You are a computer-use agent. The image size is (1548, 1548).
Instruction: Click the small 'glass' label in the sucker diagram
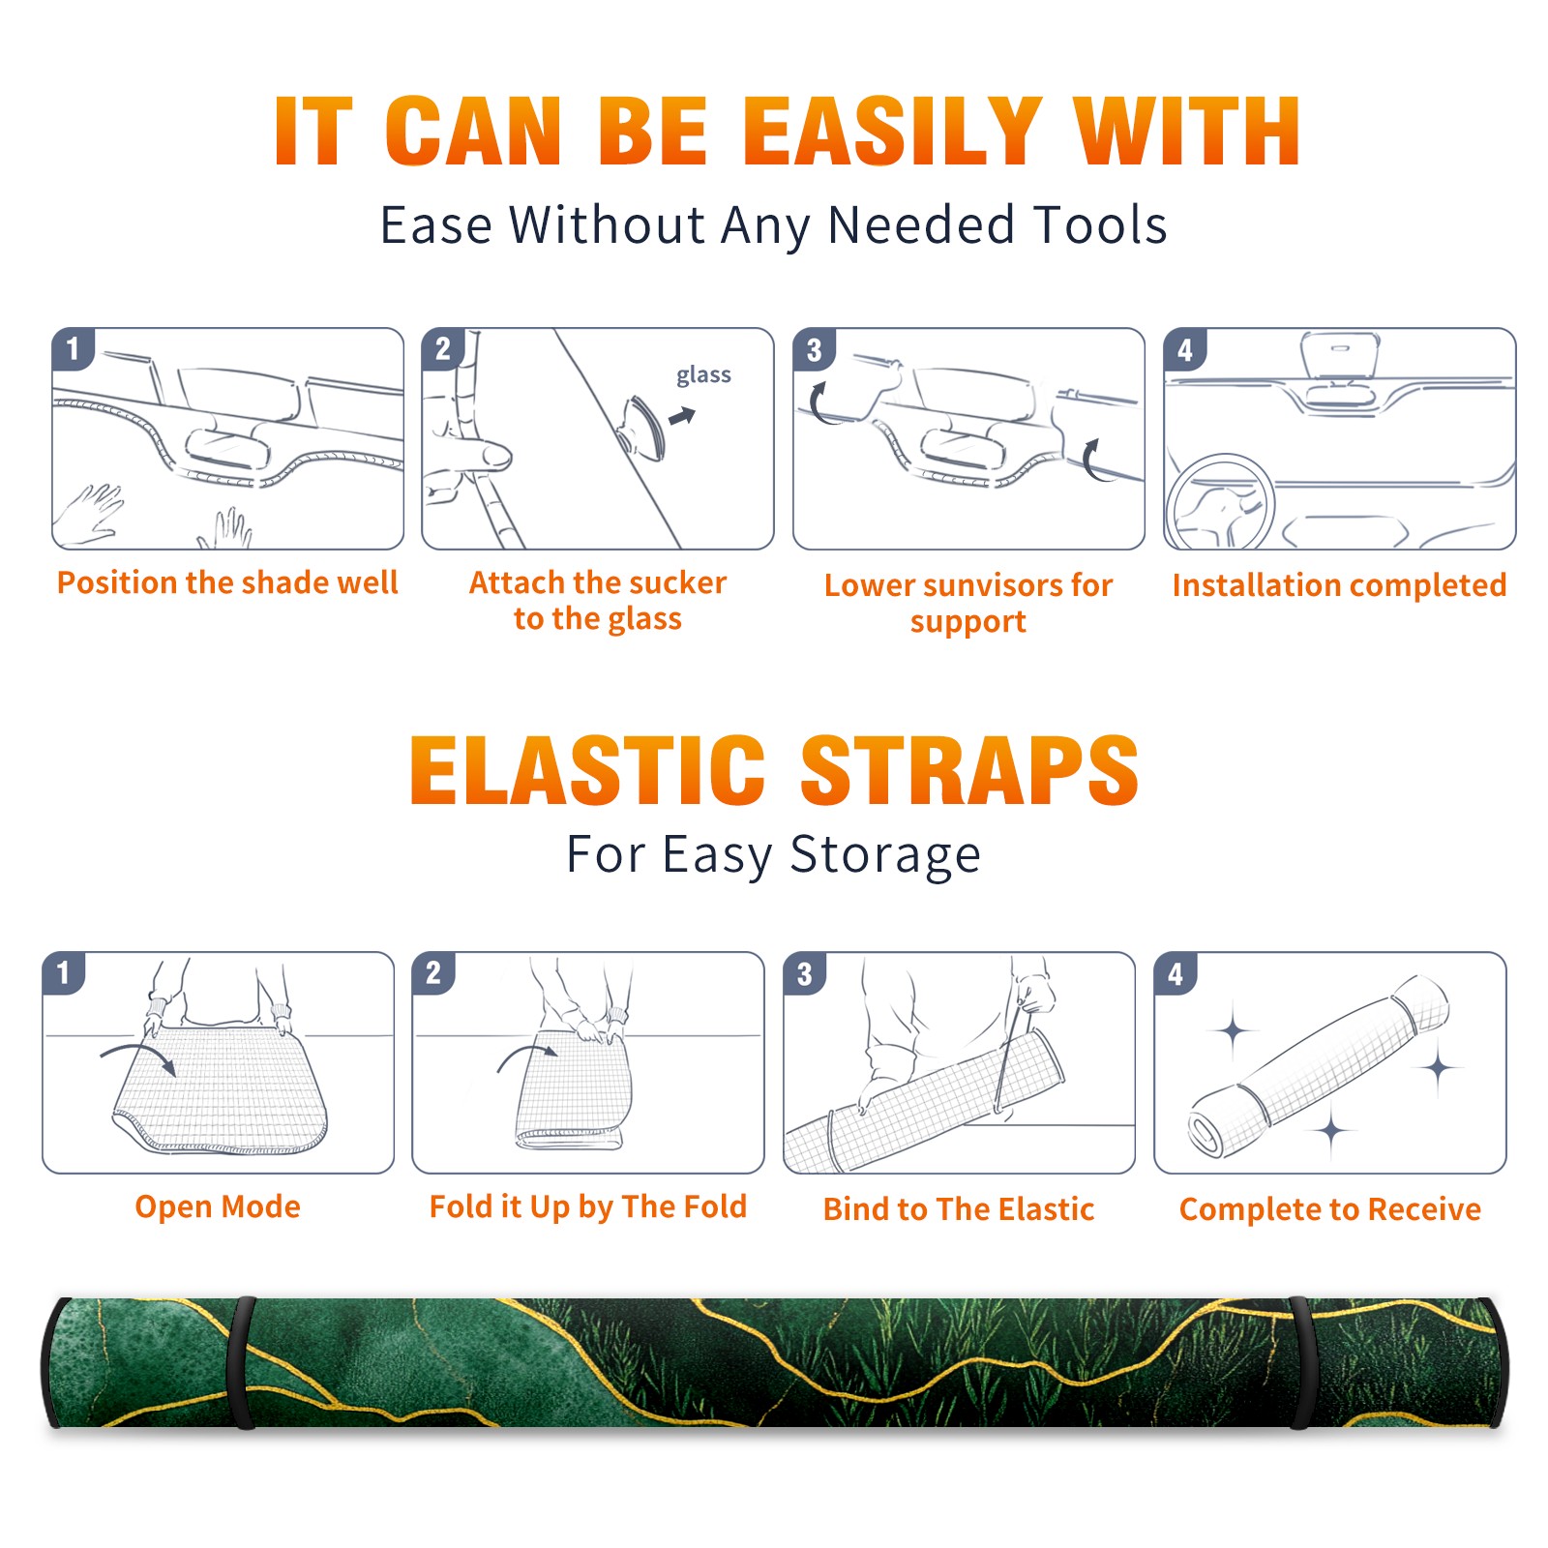click(x=703, y=375)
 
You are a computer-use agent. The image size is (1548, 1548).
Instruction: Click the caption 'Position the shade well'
click(x=227, y=582)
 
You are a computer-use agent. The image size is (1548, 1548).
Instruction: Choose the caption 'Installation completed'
click(x=1339, y=585)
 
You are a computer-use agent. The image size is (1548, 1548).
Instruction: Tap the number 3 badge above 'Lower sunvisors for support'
click(x=814, y=349)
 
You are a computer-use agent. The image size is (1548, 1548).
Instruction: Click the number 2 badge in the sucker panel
click(x=443, y=348)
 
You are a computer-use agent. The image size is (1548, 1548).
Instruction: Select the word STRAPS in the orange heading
click(x=970, y=770)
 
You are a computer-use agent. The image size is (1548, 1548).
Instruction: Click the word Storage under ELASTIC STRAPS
click(x=885, y=855)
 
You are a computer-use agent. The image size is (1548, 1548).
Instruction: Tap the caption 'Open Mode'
click(x=218, y=1206)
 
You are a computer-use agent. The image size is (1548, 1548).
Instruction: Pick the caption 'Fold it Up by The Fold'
click(x=588, y=1206)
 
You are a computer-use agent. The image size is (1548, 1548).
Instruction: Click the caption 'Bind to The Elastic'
click(x=959, y=1209)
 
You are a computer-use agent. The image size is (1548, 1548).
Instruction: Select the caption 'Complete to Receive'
click(x=1330, y=1209)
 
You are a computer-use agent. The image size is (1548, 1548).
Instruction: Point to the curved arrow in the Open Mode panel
click(x=140, y=1047)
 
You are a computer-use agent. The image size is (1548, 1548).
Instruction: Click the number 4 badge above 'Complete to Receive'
click(x=1176, y=973)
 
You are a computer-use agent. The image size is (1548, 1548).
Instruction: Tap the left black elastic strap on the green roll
click(x=242, y=1362)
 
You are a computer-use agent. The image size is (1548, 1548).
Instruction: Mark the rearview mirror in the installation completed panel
click(x=1340, y=356)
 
